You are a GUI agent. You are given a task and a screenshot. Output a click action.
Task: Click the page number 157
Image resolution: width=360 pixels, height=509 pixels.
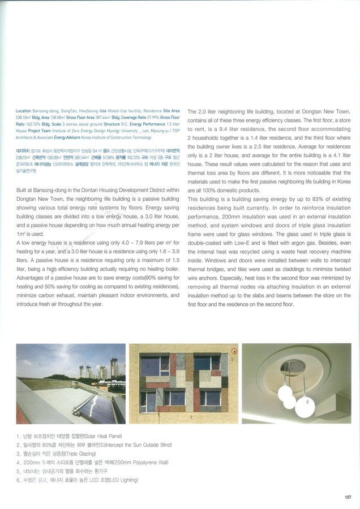pos(348,497)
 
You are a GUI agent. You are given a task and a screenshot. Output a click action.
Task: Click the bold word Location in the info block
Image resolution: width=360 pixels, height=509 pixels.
pos(23,111)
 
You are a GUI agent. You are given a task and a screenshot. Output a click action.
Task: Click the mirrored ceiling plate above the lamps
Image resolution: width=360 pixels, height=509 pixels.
pos(293,368)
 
